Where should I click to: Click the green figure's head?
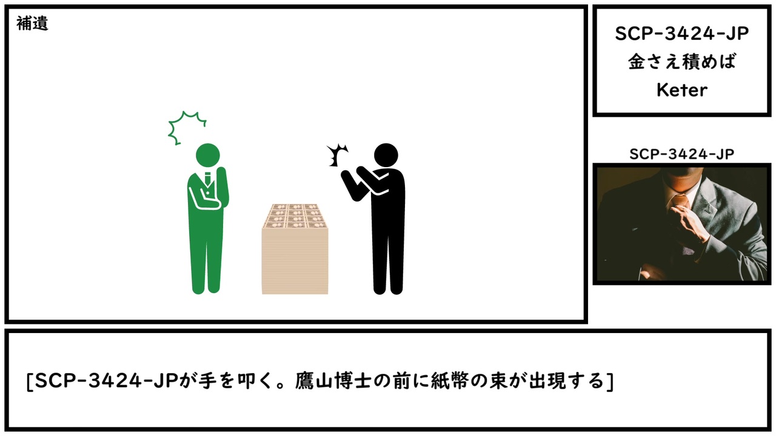(208, 155)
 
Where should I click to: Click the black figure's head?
(386, 155)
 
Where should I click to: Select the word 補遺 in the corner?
(32, 24)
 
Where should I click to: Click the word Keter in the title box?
(682, 90)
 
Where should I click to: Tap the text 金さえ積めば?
(682, 62)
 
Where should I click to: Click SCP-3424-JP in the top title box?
(682, 34)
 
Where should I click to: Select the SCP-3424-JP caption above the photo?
(682, 154)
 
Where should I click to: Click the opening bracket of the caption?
(29, 382)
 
